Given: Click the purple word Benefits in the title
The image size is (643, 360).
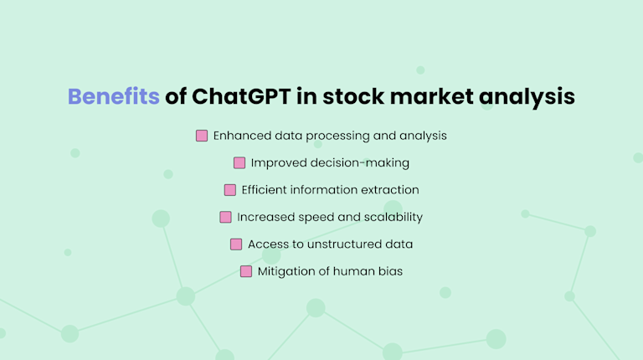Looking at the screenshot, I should (113, 97).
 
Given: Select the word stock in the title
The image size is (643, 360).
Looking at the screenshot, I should (349, 97).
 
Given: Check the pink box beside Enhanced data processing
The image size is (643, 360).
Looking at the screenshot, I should (202, 136).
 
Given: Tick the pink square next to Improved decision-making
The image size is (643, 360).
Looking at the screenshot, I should (239, 162).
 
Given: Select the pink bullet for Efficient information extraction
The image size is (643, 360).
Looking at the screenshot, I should (230, 190).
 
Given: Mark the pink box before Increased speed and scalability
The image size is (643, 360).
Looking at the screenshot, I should (225, 217).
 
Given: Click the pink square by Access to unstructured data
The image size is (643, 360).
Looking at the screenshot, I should (236, 244).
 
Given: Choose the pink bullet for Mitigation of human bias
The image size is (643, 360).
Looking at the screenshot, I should (246, 271).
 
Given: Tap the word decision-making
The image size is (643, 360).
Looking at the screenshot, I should (362, 162).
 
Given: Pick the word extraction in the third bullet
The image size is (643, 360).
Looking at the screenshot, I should (390, 190).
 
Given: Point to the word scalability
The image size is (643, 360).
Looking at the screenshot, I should (392, 217).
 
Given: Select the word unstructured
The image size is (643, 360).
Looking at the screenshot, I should (343, 244).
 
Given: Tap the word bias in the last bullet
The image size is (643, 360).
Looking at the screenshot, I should (389, 271).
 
